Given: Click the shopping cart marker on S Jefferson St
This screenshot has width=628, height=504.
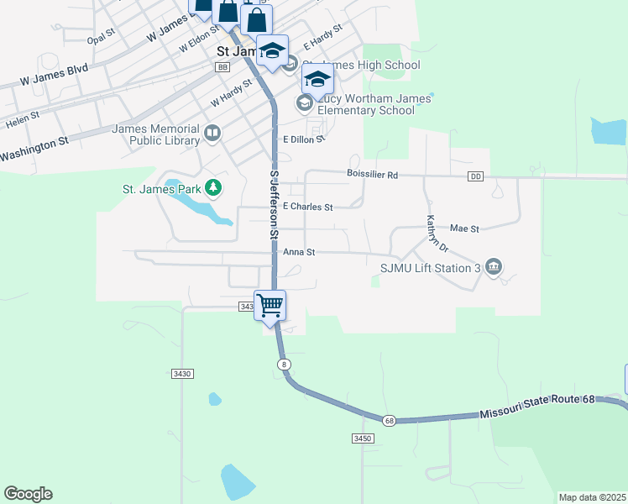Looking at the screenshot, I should [270, 306].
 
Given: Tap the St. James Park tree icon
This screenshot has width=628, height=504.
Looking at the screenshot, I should [213, 186].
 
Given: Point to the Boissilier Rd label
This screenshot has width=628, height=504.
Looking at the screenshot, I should [372, 175].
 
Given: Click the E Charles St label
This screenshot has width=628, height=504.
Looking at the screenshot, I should [308, 207].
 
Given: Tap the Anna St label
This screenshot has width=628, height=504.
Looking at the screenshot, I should [299, 252].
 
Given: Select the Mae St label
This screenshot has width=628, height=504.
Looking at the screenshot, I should [464, 228].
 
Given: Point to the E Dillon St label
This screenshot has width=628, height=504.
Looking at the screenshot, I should [304, 139].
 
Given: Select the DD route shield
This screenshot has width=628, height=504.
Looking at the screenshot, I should [476, 176].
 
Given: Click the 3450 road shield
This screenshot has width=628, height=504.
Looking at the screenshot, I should [363, 438].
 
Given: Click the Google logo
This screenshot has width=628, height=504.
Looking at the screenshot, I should [28, 494].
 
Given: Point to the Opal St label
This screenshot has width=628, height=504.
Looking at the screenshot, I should [100, 39].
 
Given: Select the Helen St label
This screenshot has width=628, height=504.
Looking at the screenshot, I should [23, 119].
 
